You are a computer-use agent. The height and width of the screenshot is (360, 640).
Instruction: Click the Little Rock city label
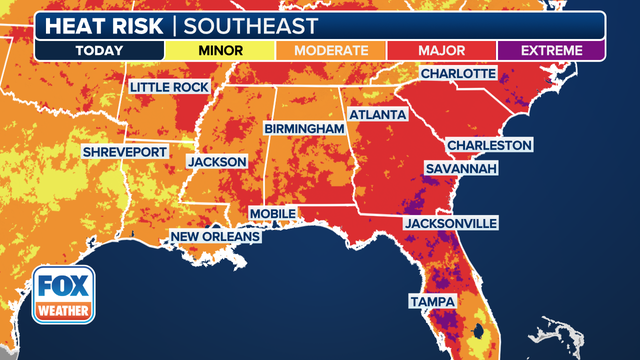(168, 88)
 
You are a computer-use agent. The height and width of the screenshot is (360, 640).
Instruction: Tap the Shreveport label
(123, 152)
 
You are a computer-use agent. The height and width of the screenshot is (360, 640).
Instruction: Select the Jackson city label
(217, 160)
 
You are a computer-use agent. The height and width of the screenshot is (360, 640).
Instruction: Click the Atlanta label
(378, 115)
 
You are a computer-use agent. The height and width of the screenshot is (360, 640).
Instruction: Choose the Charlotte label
(458, 74)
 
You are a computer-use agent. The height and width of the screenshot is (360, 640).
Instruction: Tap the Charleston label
(489, 146)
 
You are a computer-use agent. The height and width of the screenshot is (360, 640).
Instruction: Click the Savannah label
(461, 169)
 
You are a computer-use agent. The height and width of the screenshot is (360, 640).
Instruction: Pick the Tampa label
(431, 301)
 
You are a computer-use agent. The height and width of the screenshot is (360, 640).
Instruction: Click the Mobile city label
(273, 214)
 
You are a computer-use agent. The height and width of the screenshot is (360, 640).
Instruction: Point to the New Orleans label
(215, 237)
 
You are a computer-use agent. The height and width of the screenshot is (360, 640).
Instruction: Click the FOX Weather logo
(65, 296)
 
